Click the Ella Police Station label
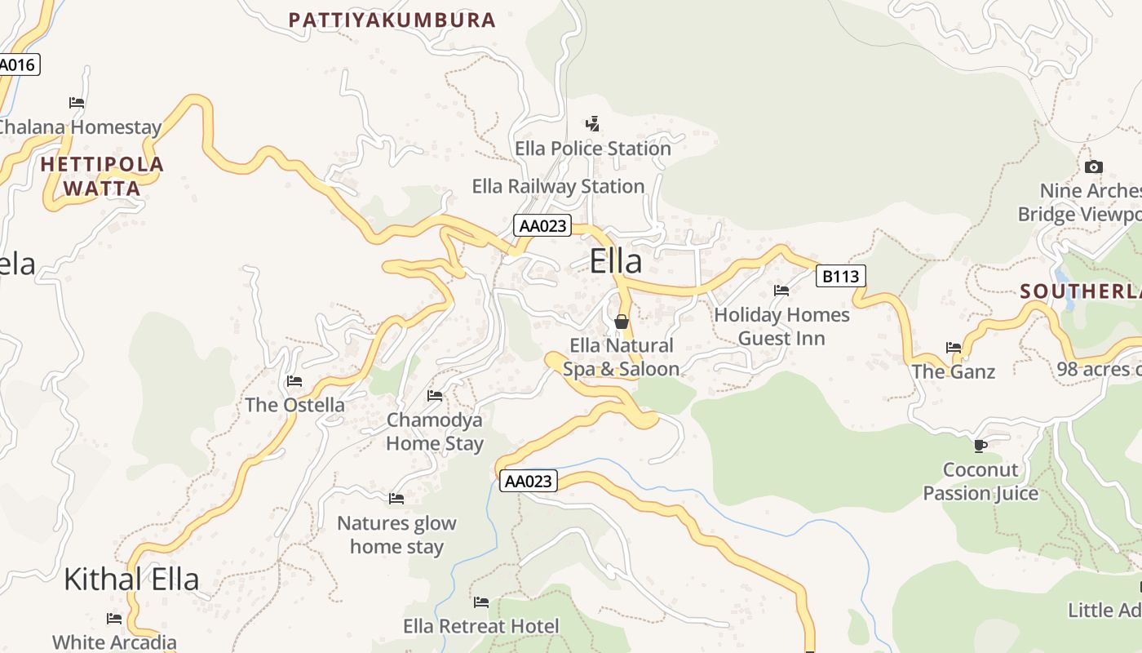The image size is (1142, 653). pos(593,149)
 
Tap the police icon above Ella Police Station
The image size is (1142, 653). pos(593,124)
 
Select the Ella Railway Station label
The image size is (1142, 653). pos(558,186)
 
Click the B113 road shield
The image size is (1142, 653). pos(840,276)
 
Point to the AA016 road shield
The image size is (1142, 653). pos(18,64)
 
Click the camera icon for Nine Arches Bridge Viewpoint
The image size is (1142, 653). pos(1093,167)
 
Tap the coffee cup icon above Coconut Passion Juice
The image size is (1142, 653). pos(980,446)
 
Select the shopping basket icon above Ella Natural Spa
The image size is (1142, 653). pos(621,322)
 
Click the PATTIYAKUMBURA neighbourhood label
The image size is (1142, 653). pos(392,20)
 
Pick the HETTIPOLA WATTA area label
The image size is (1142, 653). pos(102,176)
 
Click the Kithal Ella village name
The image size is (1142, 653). pos(131,579)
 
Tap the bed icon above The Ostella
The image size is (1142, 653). pos(294,381)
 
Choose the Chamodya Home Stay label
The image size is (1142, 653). pos(435,432)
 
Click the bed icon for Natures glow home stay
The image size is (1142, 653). pos(396,498)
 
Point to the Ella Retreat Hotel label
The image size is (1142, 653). pos(481,626)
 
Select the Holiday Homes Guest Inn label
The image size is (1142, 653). pos(781,326)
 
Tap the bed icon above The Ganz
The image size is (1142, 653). pos(953,348)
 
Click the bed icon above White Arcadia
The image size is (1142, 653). pos(114,619)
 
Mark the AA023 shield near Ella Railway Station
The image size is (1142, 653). pos(542,226)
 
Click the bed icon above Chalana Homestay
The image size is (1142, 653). pos(77,103)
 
